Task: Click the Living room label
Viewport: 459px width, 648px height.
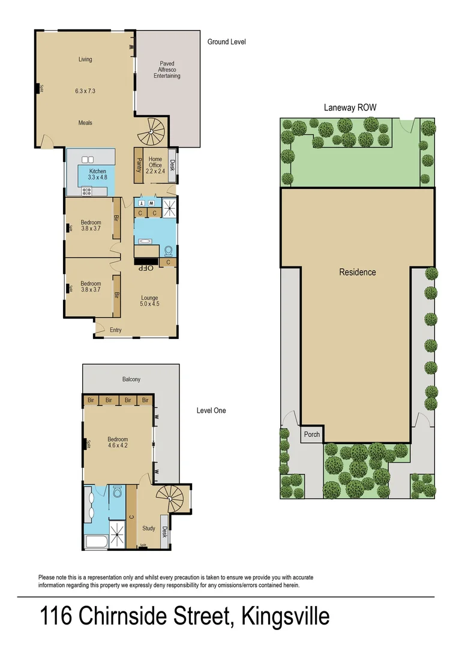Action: (85, 59)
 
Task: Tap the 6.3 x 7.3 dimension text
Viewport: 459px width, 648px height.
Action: (85, 91)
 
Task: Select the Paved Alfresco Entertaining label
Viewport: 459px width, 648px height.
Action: (167, 70)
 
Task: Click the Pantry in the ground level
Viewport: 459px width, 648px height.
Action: (138, 165)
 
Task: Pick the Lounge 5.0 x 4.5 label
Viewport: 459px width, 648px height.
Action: (149, 301)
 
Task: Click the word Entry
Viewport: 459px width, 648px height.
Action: (115, 330)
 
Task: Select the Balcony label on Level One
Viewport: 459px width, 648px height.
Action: (131, 379)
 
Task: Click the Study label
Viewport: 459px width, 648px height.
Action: (149, 529)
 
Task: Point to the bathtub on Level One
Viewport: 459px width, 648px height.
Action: (96, 543)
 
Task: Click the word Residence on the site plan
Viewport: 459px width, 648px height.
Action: (358, 272)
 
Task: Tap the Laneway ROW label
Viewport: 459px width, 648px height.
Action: (350, 107)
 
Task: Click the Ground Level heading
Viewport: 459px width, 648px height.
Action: (226, 42)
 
